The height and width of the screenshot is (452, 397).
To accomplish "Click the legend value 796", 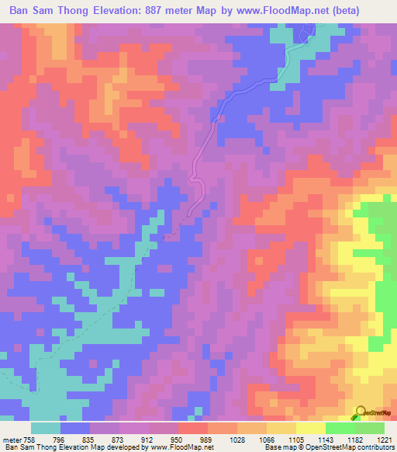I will [x=60, y=440].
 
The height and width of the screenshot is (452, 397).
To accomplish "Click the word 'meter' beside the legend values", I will [x=11, y=440].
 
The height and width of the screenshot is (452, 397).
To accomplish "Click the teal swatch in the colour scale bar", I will [x=46, y=428].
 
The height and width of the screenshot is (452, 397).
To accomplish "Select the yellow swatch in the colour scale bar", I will [x=311, y=428].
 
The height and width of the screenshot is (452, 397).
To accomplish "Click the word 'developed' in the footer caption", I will [x=129, y=448].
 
